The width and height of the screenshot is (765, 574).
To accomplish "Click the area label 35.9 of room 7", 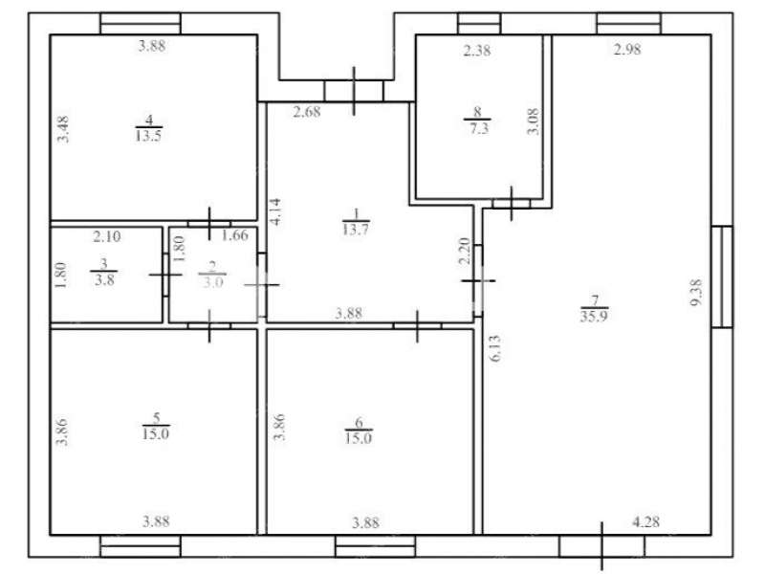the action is [x=594, y=316].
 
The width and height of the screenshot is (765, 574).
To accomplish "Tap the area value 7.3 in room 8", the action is [x=478, y=128].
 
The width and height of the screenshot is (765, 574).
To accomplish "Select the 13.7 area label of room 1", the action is [x=355, y=229].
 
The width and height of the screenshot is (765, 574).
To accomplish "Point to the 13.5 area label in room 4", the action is [x=148, y=135].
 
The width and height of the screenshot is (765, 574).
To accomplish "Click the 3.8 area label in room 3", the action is [x=104, y=279].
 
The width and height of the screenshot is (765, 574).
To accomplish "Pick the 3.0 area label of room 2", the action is [x=212, y=282].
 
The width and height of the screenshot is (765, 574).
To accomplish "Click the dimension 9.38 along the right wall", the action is [x=696, y=293].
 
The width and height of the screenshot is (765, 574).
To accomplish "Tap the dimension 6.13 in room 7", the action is [x=495, y=348].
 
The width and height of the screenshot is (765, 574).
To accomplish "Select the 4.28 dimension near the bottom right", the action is [x=646, y=521].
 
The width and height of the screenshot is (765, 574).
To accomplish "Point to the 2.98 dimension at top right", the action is [x=627, y=50].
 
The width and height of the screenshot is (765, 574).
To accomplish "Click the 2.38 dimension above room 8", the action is [x=476, y=51].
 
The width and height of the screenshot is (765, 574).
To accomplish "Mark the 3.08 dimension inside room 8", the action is [x=534, y=121].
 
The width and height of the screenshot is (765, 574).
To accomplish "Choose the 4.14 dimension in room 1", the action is [x=275, y=210].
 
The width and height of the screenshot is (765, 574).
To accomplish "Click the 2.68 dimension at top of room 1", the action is [x=307, y=112].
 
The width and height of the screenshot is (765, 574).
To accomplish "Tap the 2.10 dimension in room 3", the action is [x=106, y=236].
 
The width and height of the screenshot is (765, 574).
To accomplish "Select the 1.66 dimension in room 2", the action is [x=234, y=235].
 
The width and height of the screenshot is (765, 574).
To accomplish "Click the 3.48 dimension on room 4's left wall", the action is [x=63, y=129].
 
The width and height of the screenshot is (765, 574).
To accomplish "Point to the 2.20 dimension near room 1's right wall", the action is [x=465, y=251].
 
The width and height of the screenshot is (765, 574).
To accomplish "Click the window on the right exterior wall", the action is [x=722, y=276].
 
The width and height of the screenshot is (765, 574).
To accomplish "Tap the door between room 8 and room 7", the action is [x=512, y=204].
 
